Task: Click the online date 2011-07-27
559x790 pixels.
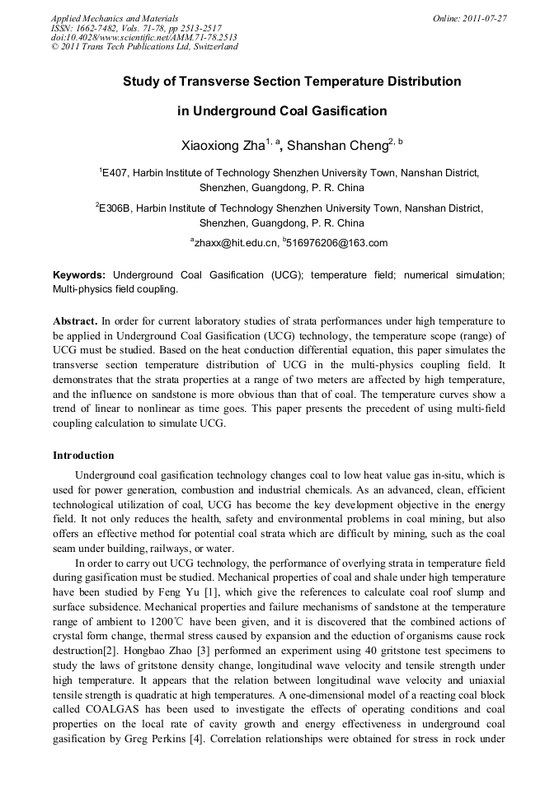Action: tap(484, 17)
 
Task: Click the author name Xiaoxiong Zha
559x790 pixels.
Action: tap(222, 147)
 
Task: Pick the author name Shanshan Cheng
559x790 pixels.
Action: tap(337, 147)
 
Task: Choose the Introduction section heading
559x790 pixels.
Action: tap(83, 456)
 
